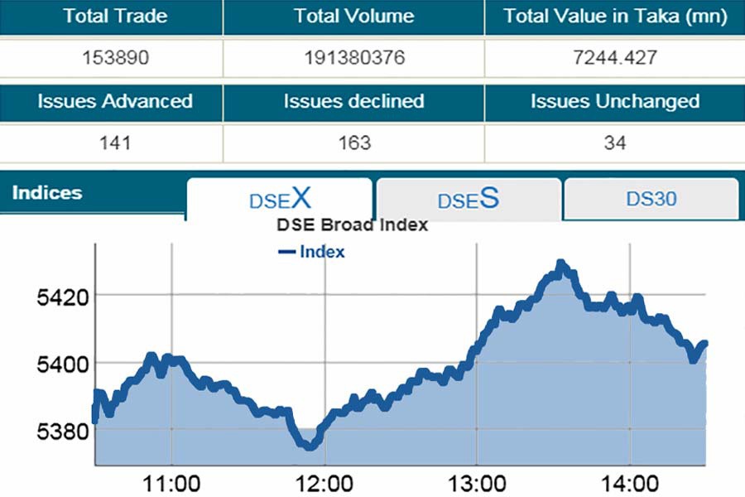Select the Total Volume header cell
353,17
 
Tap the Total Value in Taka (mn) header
615,17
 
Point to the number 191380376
353,59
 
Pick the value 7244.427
615,59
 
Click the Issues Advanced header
115,102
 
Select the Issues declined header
353,102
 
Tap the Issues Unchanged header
615,102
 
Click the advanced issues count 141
115,143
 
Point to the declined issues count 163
353,143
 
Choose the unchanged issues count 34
615,143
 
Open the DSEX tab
280,199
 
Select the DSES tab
469,200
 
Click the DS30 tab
651,199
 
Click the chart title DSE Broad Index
352,225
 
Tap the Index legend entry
312,251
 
